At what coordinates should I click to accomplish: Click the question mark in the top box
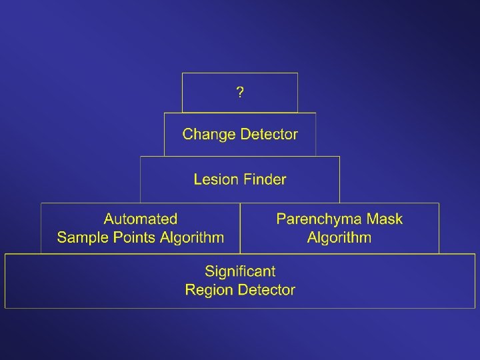click(x=240, y=93)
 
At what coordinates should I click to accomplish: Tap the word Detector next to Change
click(x=269, y=135)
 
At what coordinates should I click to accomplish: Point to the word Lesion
click(x=214, y=179)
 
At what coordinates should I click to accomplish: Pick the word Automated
click(x=141, y=219)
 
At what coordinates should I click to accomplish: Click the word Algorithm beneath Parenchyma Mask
click(x=339, y=238)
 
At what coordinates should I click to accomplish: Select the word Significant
click(x=240, y=271)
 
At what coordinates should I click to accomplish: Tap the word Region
click(x=207, y=290)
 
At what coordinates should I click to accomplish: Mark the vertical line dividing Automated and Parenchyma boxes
click(x=240, y=228)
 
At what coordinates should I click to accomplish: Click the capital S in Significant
click(x=209, y=271)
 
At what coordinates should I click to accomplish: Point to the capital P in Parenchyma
click(x=281, y=219)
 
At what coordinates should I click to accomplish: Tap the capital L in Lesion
click(x=197, y=179)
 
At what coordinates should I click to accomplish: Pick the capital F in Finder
click(x=247, y=179)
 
